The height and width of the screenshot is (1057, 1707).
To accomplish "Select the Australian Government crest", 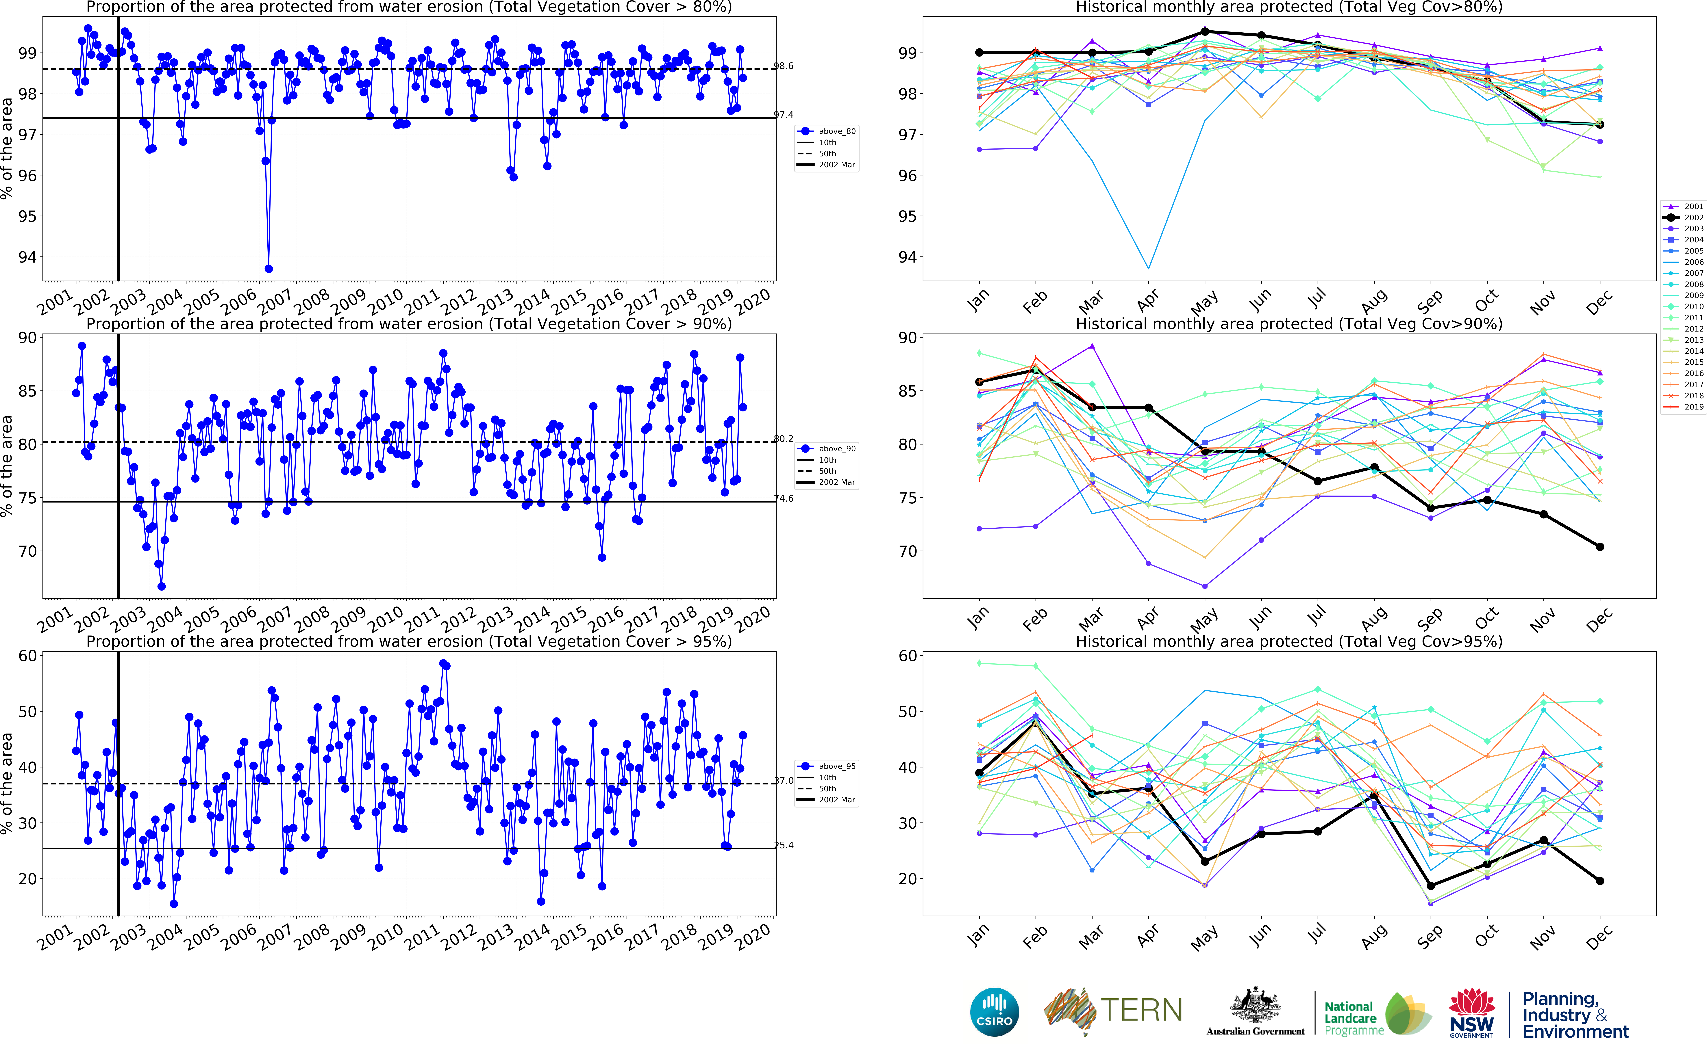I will pos(1255,1007).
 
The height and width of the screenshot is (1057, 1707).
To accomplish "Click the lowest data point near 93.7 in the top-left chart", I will pos(269,268).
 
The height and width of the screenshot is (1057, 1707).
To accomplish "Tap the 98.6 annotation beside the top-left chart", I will pos(783,66).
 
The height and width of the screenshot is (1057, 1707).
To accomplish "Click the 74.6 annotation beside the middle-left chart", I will pos(783,498).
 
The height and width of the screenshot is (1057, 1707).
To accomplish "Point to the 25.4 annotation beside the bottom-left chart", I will pos(783,845).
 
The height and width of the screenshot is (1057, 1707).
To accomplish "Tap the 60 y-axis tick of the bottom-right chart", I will pos(908,656).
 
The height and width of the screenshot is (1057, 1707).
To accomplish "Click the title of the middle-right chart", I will pos(1289,324).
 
